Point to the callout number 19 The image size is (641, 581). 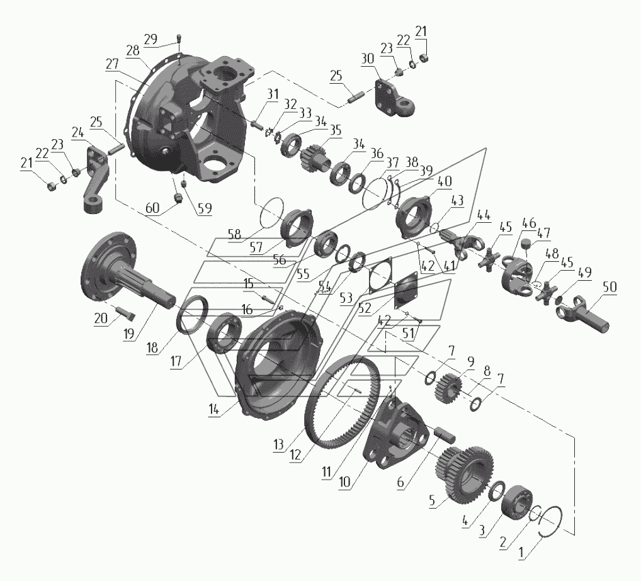tap(129, 334)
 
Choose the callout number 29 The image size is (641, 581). tap(150, 40)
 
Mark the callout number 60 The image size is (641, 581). tap(152, 208)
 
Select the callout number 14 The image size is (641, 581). tap(214, 409)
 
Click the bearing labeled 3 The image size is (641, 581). tap(517, 502)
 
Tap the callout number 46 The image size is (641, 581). tap(529, 223)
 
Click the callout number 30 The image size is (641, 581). tap(368, 59)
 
